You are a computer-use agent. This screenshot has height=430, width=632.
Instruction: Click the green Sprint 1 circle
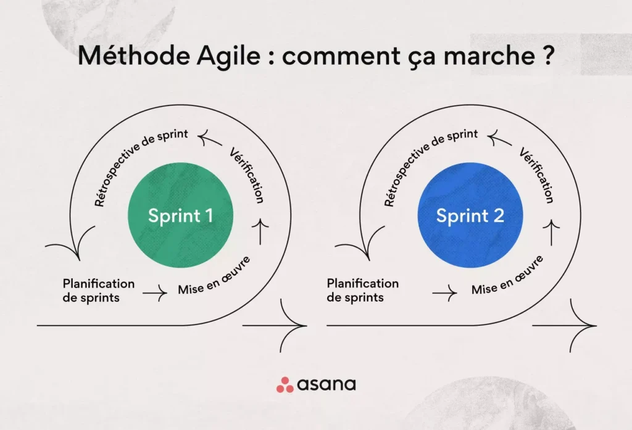[x=180, y=215]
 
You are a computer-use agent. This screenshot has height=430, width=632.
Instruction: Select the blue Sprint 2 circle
[x=470, y=215]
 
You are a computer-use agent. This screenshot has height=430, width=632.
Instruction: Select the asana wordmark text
[x=326, y=384]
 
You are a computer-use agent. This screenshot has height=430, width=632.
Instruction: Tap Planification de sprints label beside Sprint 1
[x=98, y=291]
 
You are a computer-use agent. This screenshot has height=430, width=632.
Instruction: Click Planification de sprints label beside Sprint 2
[x=362, y=291]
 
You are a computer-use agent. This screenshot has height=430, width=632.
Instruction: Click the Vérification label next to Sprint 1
[x=247, y=176]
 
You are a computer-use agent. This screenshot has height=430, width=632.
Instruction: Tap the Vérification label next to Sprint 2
[x=536, y=176]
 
